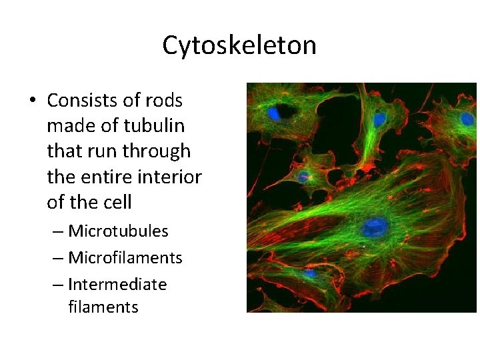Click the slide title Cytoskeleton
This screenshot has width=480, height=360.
[239, 45]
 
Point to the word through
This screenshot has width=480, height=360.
[157, 151]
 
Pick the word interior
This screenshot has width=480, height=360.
[172, 177]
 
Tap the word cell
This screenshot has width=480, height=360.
[117, 202]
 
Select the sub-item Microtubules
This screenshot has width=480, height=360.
[118, 231]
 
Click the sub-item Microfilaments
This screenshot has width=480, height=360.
[125, 258]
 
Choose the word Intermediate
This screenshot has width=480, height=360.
[117, 285]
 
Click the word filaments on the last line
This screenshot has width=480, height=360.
[103, 307]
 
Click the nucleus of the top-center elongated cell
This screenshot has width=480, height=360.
[379, 121]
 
